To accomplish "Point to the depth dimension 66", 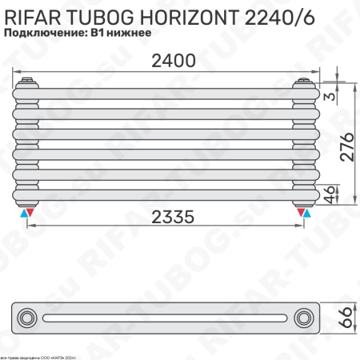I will click(x=346, y=318).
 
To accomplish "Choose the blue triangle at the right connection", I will click(x=309, y=214).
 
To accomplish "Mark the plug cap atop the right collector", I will click(x=305, y=81).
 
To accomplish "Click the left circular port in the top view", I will click(x=28, y=318).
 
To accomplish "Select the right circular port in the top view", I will click(x=305, y=318).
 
